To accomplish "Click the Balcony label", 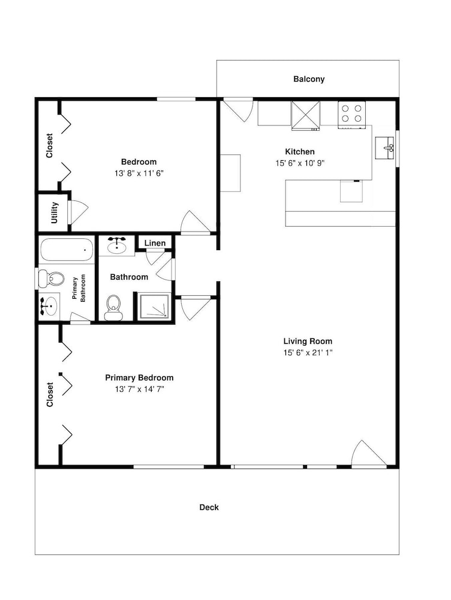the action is click(x=309, y=79).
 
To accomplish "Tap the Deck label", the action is click(x=209, y=508).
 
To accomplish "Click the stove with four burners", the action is click(x=351, y=114).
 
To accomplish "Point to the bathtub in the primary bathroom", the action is click(x=67, y=250).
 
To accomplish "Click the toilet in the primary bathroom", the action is click(x=50, y=278).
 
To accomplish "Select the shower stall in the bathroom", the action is click(x=154, y=306).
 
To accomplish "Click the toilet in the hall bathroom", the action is click(x=113, y=307).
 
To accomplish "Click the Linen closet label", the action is click(x=155, y=243).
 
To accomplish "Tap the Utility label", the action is click(x=55, y=213).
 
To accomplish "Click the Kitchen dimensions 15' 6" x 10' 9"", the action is click(x=300, y=163).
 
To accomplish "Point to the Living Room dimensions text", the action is click(x=308, y=352).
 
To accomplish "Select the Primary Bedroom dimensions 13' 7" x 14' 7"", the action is click(x=139, y=389).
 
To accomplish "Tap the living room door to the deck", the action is click(x=369, y=454).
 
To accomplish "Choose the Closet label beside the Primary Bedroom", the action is click(x=50, y=395).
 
